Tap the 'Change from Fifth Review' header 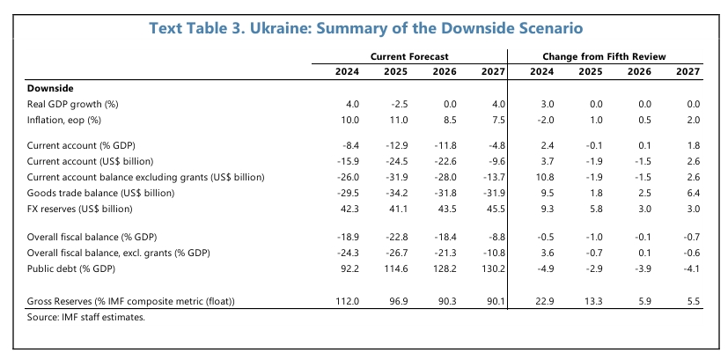tap(609, 56)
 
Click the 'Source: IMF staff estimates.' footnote tap(85, 317)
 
